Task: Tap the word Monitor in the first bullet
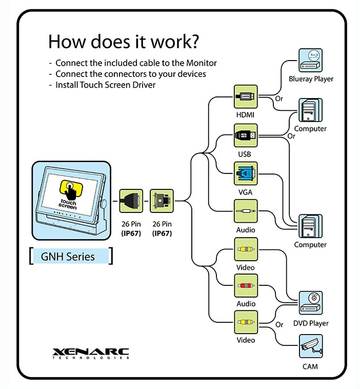point(199,63)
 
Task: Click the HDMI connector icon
point(245,96)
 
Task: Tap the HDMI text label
point(245,115)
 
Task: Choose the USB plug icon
point(245,135)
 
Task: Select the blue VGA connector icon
point(245,174)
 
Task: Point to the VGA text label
point(245,192)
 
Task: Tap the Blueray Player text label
point(311,79)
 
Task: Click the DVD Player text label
point(311,323)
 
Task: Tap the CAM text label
point(310,366)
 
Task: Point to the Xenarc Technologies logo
point(91,354)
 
